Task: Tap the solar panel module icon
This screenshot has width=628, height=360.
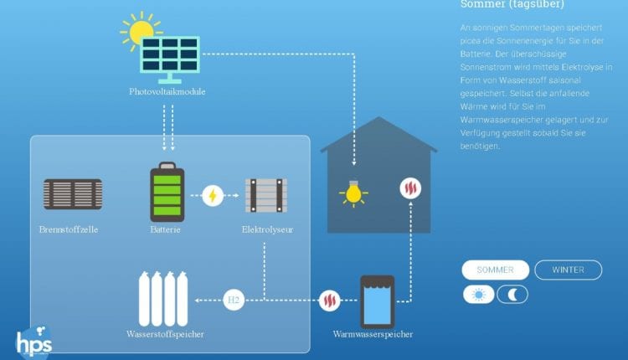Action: point(169,55)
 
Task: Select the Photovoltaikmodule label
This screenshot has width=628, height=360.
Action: point(167,91)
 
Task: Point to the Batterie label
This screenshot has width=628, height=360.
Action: point(166,229)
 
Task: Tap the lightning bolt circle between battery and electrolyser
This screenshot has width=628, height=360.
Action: point(213,195)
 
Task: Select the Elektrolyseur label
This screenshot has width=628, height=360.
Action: point(267,229)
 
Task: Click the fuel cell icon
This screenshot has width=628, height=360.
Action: point(72,194)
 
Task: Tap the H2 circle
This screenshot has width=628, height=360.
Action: point(234,299)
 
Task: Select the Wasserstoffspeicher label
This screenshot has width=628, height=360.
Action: point(166,334)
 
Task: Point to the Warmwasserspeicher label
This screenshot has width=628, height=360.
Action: point(373,335)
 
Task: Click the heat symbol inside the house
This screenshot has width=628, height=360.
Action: point(410,188)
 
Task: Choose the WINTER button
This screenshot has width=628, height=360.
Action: point(569,270)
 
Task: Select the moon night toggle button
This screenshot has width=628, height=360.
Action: point(512,294)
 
